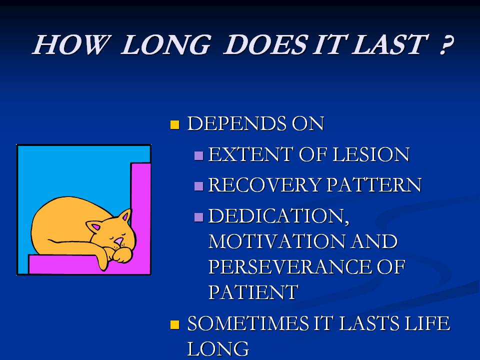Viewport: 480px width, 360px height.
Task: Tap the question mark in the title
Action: pos(446,44)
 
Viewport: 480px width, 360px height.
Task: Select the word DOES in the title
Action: pos(265,44)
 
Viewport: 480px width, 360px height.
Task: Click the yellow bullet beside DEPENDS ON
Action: pos(174,125)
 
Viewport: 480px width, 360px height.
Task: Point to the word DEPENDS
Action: pos(236,123)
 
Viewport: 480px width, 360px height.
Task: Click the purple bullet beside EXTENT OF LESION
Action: pos(198,156)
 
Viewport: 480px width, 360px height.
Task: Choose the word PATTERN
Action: pos(374,185)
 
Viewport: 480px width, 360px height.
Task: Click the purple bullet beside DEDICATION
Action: pos(198,217)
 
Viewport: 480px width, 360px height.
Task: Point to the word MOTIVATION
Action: pos(277,241)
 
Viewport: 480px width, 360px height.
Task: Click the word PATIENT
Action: pos(253,292)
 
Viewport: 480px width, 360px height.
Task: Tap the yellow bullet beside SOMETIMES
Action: pos(174,324)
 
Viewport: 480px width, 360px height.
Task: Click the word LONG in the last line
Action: pos(218,349)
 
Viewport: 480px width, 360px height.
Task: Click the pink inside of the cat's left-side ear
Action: pos(96,227)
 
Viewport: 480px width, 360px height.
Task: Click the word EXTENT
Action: pos(250,154)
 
